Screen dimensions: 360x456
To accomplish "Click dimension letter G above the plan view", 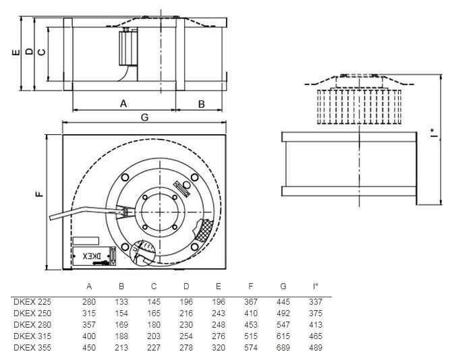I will point(144,117).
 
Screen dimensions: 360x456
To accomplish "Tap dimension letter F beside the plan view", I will point(40,195).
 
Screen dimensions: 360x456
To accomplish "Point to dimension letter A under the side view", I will point(123,103).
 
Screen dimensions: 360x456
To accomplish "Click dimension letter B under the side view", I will point(201,103).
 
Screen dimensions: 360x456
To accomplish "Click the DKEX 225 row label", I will point(32,301).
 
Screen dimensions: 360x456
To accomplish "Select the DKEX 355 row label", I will point(32,348).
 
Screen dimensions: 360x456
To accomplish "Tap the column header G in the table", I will point(283,286).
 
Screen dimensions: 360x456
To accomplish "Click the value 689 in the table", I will point(283,348).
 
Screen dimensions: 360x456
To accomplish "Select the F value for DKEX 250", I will point(251,313).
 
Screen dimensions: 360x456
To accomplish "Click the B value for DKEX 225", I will point(121,301).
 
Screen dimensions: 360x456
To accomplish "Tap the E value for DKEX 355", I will point(219,348).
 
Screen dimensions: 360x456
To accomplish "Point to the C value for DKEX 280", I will point(154,324).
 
